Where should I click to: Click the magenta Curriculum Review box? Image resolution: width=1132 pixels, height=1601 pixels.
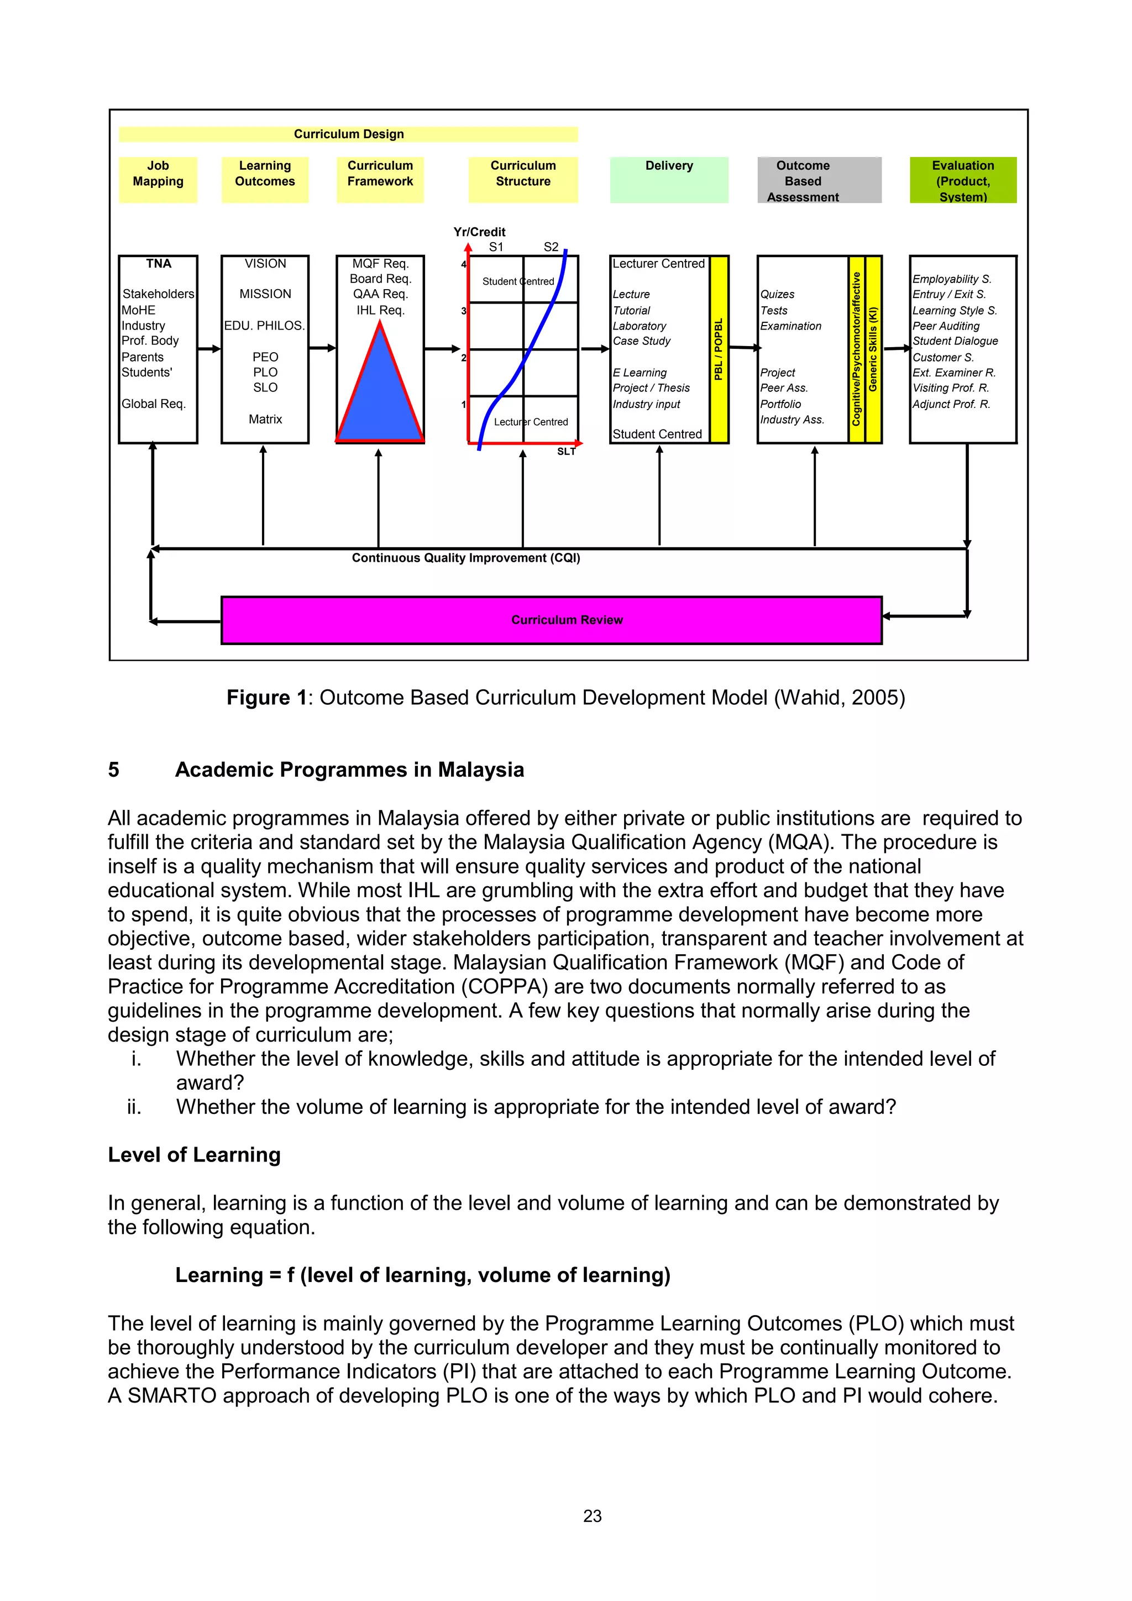551,620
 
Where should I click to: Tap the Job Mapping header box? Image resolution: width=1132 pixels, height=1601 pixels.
158,179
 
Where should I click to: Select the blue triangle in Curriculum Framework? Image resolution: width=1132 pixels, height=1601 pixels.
380,394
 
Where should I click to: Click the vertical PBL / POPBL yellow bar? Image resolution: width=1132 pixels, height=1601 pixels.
719,349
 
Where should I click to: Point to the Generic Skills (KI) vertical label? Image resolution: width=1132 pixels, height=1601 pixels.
873,349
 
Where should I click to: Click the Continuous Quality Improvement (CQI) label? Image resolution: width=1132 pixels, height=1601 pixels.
465,558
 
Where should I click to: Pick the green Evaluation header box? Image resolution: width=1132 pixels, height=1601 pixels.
963,180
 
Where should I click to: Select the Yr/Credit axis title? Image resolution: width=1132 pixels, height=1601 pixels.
480,232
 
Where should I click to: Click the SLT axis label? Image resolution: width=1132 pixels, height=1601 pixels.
566,452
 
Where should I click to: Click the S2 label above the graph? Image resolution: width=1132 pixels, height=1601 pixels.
551,247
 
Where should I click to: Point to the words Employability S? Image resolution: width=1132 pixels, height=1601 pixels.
951,279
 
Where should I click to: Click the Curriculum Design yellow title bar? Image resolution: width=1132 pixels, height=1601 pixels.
349,134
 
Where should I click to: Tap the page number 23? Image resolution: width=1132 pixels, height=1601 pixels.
592,1516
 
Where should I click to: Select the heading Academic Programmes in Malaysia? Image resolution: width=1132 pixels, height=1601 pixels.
349,770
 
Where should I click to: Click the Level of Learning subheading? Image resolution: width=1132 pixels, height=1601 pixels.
194,1155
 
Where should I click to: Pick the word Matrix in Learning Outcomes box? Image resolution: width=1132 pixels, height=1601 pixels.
265,419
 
